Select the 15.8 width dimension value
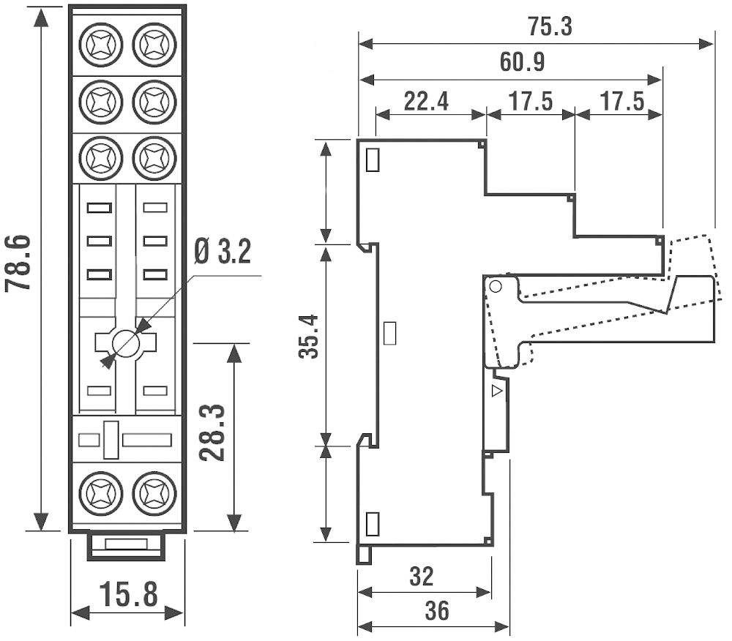pos(127,594)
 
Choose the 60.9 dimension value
pos(522,62)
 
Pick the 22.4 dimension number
pos(426,101)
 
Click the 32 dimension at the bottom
pos(420,577)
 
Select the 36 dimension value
pos(436,611)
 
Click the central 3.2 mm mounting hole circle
pos(127,343)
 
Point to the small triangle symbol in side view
pos(498,391)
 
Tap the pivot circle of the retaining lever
pos(496,286)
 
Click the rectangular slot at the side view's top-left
pos(372,160)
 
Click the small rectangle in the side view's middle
pos(390,333)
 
